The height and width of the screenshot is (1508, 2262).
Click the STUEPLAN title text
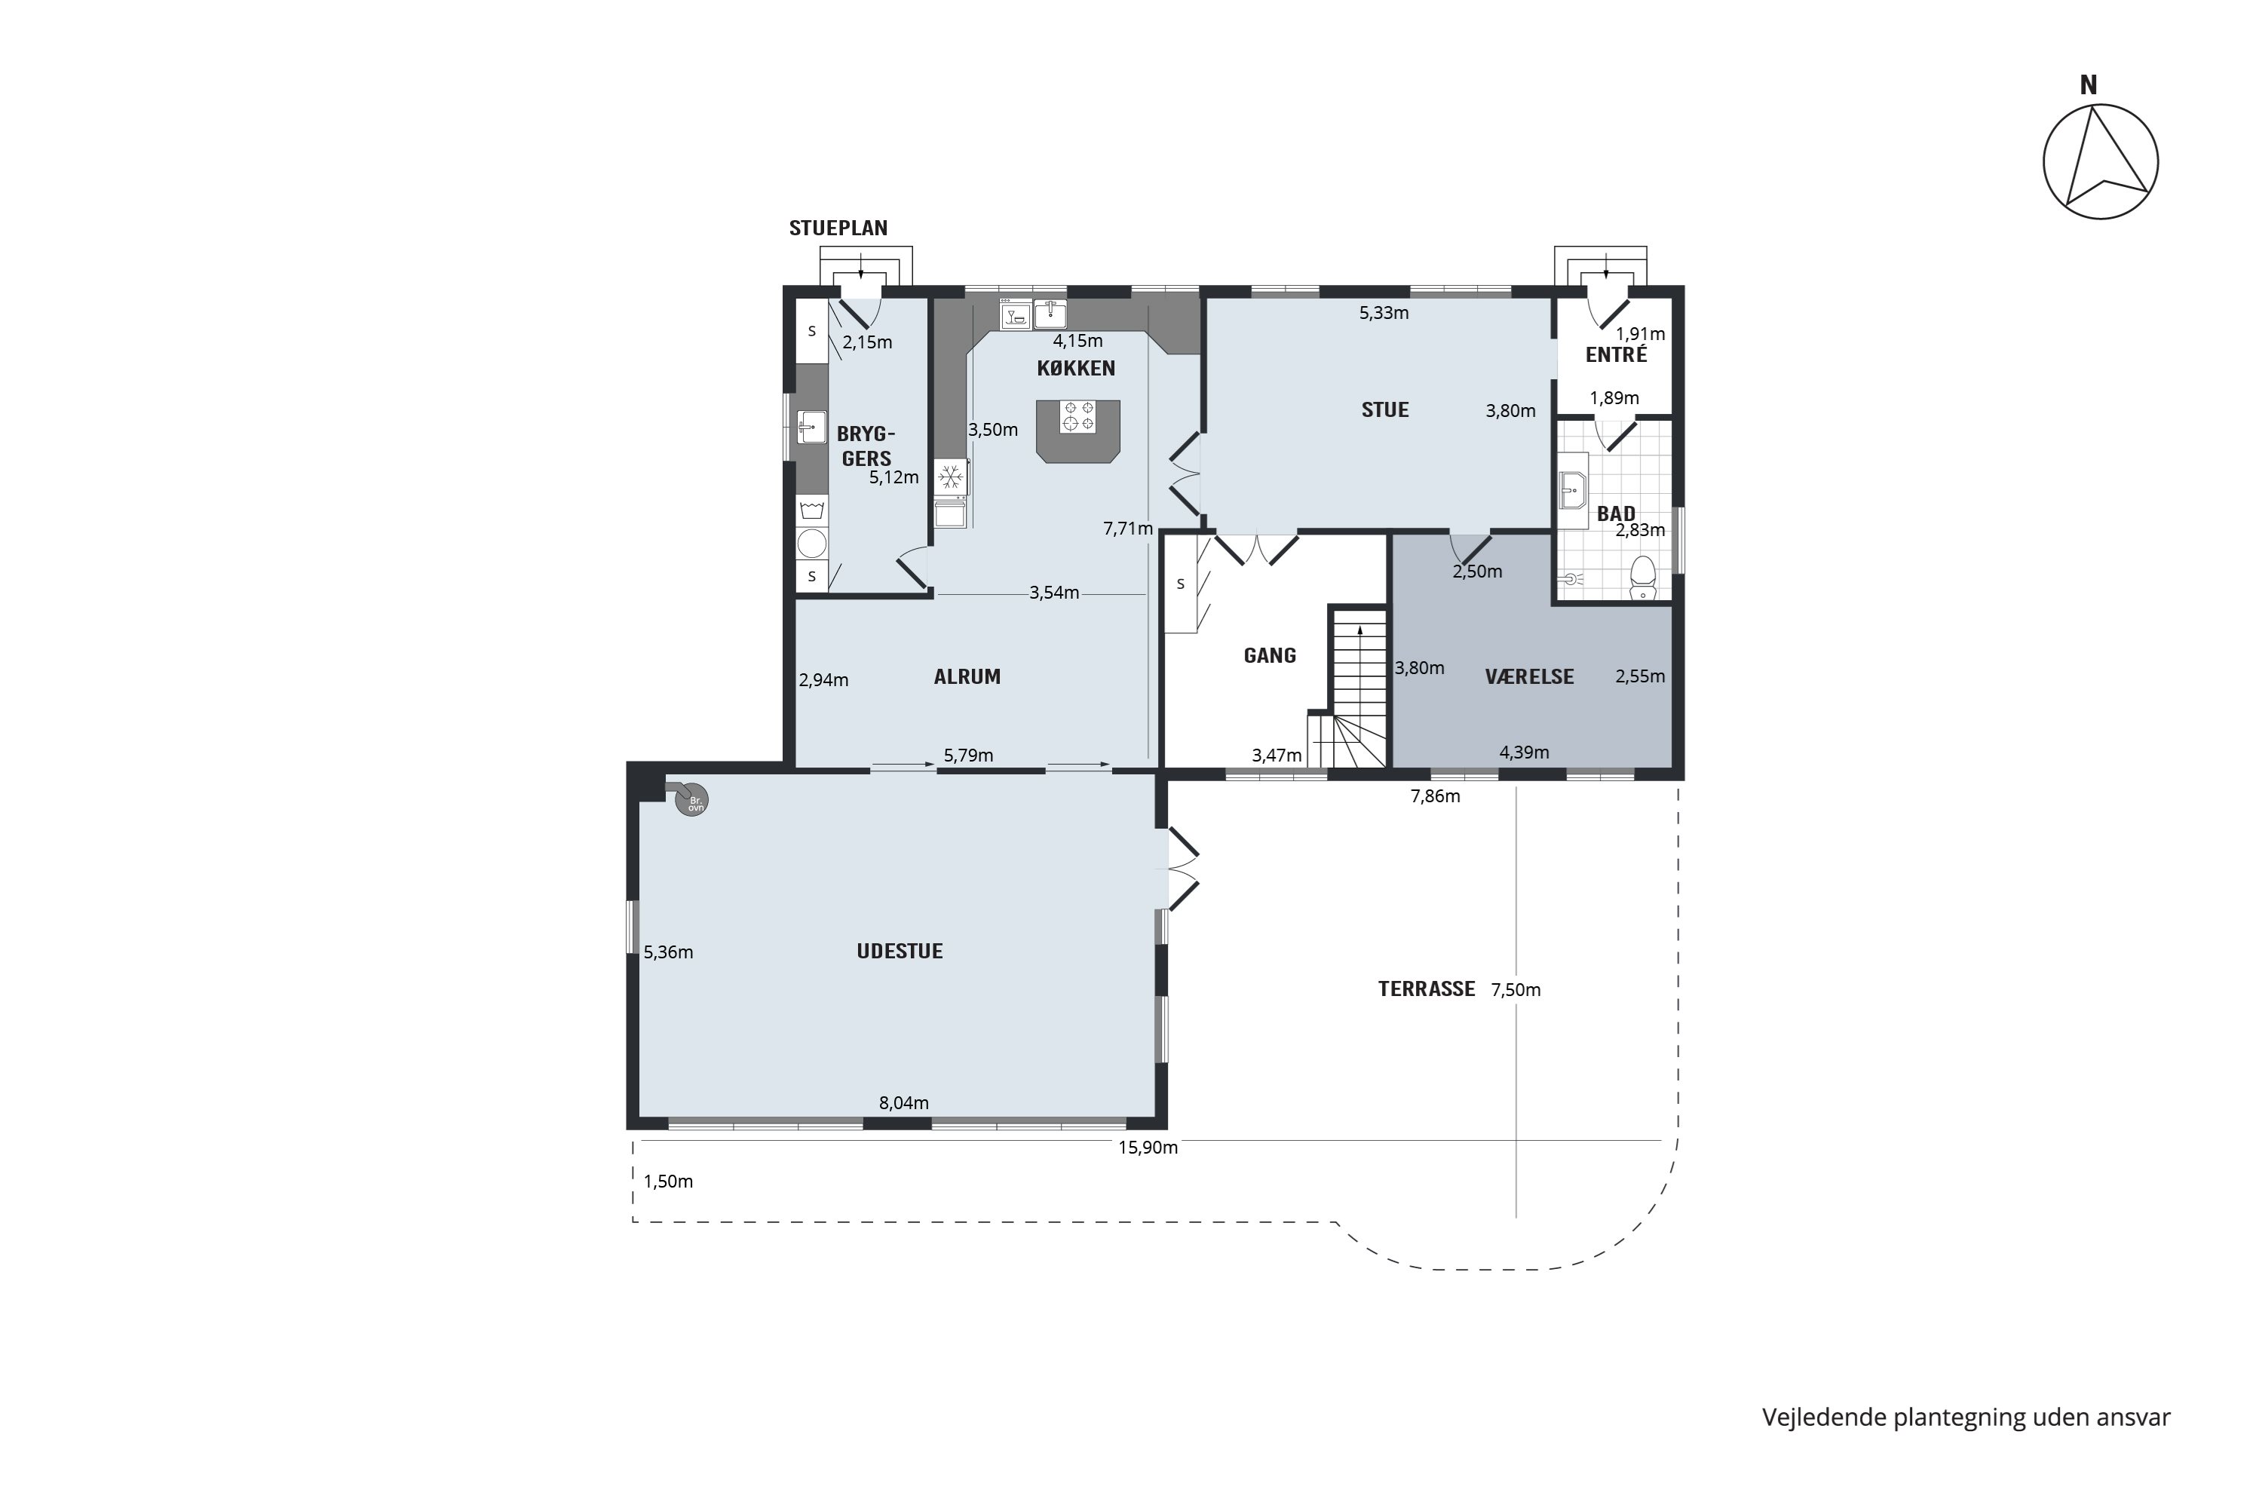click(x=838, y=228)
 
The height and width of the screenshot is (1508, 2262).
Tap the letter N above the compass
click(x=2088, y=86)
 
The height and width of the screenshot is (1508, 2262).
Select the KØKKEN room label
click(x=1075, y=367)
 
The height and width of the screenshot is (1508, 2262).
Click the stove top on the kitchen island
click(x=1078, y=416)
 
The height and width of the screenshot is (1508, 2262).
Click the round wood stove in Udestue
click(x=691, y=800)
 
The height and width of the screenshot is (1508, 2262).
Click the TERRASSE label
click(x=1427, y=988)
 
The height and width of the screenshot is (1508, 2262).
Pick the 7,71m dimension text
click(x=1128, y=528)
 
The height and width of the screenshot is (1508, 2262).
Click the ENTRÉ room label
click(x=1616, y=354)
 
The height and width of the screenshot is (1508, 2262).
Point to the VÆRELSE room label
click(x=1529, y=676)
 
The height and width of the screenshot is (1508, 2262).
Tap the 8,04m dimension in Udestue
click(x=904, y=1103)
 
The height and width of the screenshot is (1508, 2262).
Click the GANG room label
click(x=1270, y=655)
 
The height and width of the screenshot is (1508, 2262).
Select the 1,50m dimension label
click(x=668, y=1181)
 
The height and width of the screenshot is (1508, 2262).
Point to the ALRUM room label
click(x=967, y=676)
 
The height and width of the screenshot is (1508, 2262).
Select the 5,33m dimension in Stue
click(x=1384, y=313)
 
